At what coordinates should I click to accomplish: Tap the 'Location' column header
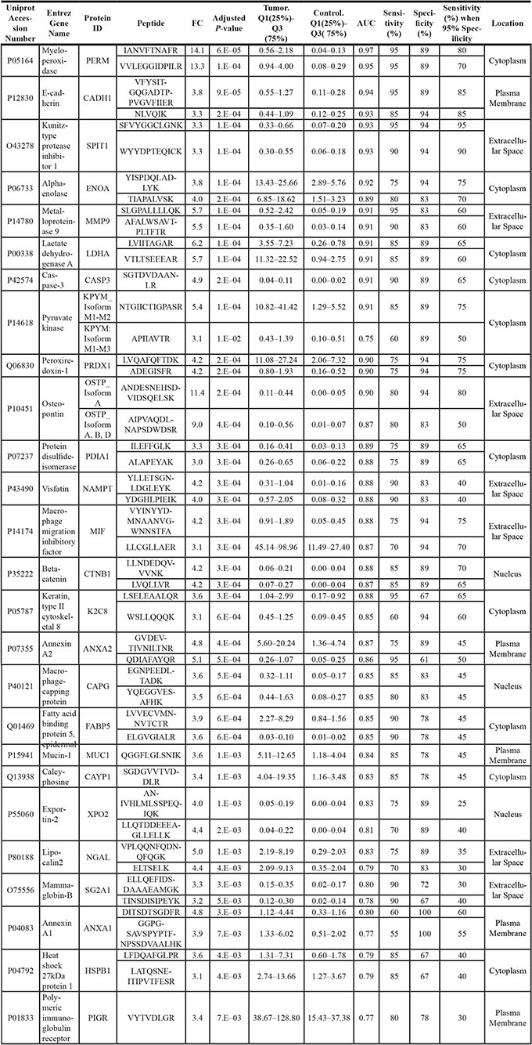508,24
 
